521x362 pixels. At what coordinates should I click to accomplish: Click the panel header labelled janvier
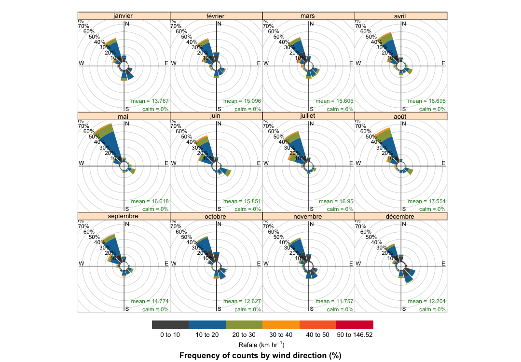pos(124,16)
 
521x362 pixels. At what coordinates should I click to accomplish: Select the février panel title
pos(216,16)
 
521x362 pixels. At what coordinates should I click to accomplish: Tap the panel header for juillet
pos(308,116)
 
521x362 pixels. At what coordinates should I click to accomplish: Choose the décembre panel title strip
pos(401,217)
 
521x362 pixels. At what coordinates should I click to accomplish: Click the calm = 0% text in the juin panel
pos(247,209)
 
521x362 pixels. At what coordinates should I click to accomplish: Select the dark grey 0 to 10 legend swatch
pos(170,325)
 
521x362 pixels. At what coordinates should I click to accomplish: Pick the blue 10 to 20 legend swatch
pos(207,325)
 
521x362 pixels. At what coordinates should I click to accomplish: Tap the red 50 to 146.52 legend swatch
pos(355,325)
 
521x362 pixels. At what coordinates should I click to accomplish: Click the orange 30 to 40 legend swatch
pos(281,325)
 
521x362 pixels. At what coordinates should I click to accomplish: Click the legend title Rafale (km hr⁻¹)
pos(261,345)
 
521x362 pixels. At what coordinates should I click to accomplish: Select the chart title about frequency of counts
pos(260,356)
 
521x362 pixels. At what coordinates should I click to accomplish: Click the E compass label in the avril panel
pos(443,63)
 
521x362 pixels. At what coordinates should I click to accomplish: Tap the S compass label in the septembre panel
pos(127,309)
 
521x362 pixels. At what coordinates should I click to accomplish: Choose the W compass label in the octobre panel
pos(173,264)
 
